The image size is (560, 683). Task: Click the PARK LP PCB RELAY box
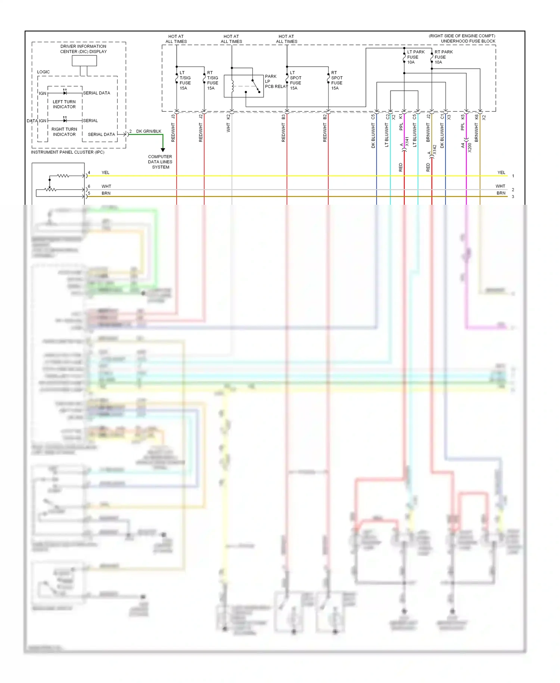tap(243, 86)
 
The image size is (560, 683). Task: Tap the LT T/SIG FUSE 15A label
tap(185, 80)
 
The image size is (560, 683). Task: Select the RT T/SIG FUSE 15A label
tap(212, 80)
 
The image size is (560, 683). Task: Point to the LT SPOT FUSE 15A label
tap(295, 80)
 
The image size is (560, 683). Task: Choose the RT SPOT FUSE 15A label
tap(337, 80)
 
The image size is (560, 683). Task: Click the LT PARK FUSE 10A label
tap(416, 57)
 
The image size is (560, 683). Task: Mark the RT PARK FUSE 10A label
tap(443, 57)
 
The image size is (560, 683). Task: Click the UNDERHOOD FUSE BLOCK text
tap(468, 41)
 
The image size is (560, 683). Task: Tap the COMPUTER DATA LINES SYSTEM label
tap(160, 162)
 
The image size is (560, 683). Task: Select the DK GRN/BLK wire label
tap(149, 131)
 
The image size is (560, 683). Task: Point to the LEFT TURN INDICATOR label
tap(64, 104)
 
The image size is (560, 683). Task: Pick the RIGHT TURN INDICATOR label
tap(64, 132)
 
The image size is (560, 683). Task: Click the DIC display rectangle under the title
tap(84, 61)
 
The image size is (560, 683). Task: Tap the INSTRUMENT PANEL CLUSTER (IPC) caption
tap(68, 152)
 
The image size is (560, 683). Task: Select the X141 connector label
tap(407, 141)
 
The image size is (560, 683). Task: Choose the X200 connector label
tap(470, 148)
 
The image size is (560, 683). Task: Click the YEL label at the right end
tap(501, 173)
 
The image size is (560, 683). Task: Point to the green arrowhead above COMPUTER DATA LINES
tap(163, 150)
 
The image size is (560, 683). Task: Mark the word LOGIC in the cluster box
tap(43, 72)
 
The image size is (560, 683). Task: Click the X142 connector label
tap(435, 149)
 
